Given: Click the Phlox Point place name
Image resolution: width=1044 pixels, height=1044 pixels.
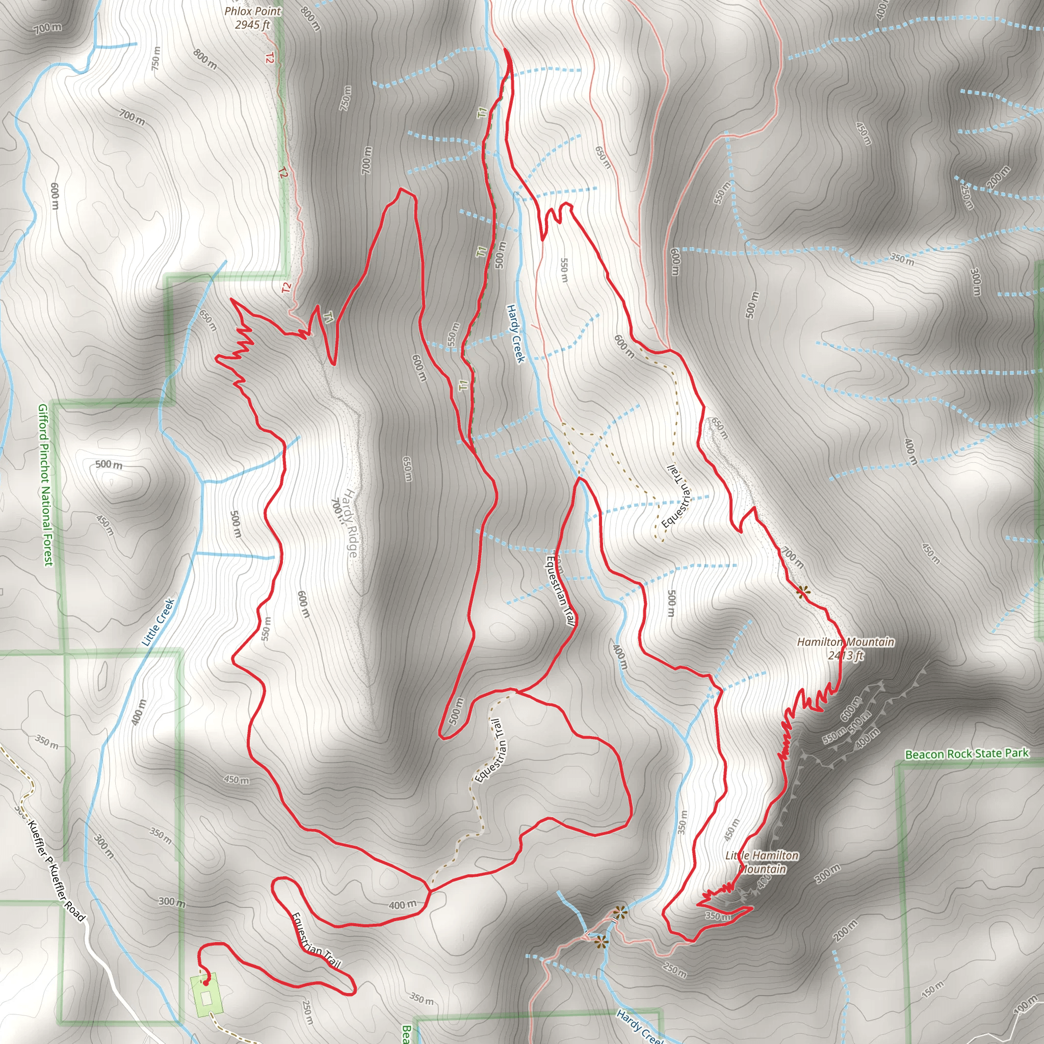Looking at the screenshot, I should (253, 11).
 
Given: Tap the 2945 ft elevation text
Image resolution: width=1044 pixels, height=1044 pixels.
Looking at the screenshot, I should (252, 24).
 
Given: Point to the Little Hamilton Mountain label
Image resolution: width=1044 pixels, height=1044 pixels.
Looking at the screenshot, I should (762, 862).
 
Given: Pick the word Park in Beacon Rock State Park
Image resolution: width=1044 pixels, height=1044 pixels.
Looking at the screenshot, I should (1017, 753).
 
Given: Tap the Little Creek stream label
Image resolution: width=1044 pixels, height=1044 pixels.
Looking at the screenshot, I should (158, 622).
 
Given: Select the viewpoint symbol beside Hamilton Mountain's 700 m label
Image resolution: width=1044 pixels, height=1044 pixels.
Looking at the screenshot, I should (803, 592).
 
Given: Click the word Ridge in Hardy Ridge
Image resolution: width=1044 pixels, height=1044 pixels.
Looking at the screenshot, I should (352, 540).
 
